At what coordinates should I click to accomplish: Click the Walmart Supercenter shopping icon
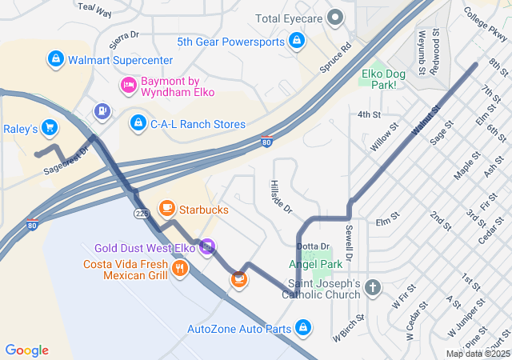click(x=55, y=59)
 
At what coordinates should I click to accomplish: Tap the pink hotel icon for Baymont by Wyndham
click(x=128, y=85)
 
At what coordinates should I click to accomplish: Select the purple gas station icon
click(x=102, y=110)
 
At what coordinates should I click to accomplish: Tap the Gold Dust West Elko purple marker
click(x=207, y=247)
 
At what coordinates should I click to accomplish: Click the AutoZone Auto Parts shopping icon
click(x=302, y=328)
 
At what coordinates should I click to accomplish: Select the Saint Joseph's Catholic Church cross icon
click(x=372, y=287)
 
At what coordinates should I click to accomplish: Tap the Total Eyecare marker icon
click(x=337, y=18)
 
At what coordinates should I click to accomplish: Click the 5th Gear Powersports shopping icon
click(x=297, y=40)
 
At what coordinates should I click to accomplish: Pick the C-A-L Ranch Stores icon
click(x=138, y=124)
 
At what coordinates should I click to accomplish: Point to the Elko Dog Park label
click(x=379, y=78)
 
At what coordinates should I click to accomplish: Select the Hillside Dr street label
click(x=281, y=196)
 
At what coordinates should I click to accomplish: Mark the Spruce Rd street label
click(x=335, y=58)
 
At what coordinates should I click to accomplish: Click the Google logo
click(x=27, y=350)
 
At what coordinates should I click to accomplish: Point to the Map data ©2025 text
click(x=477, y=354)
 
